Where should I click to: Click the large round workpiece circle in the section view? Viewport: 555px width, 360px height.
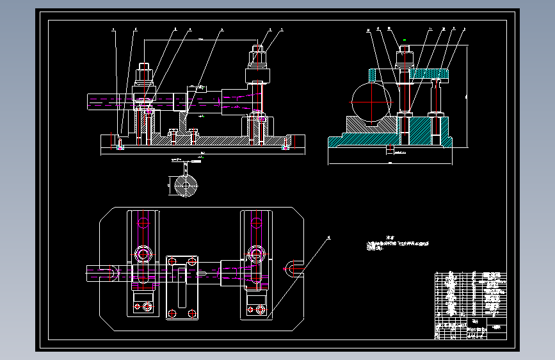pos(371,102)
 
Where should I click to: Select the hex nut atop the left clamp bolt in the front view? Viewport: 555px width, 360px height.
pos(143,68)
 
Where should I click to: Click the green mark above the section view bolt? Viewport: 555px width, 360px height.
pos(405,42)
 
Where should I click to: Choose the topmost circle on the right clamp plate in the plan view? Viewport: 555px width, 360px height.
pos(257,223)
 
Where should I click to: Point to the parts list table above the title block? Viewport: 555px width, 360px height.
pos(470,294)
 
